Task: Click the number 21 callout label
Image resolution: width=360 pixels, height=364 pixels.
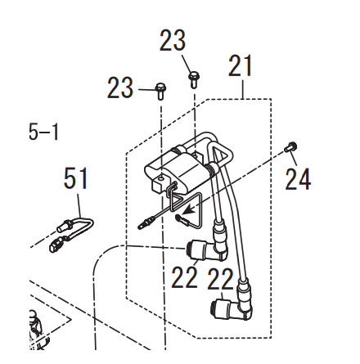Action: pos(240,65)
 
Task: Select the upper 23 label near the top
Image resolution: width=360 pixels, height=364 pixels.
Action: pos(173,41)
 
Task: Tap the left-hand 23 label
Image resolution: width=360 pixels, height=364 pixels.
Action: pos(120,88)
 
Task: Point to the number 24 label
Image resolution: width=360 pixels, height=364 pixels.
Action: pos(298,179)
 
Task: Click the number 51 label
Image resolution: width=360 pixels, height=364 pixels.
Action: pos(75,178)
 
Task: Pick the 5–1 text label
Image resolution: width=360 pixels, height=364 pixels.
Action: pos(43,132)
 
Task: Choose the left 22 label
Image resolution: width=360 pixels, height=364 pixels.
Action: pos(184,277)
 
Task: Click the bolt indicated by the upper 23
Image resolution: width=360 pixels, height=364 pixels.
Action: pos(194,79)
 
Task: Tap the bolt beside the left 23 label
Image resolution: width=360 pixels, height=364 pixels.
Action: pos(160,91)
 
